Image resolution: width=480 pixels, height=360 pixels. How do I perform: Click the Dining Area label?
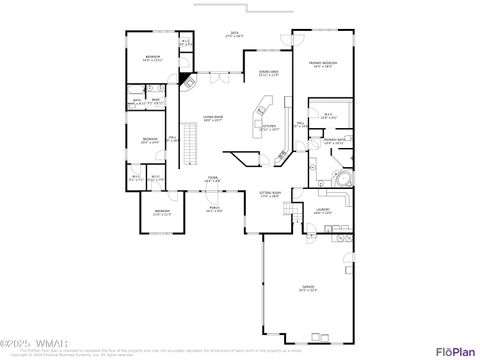[267, 74]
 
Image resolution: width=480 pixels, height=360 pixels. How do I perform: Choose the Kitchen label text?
[269, 128]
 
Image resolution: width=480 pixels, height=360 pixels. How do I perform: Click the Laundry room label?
[322, 212]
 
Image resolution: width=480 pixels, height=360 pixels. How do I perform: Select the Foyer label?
[213, 179]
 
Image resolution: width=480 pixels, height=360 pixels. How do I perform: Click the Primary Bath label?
[334, 141]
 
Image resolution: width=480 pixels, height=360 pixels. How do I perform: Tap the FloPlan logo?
[455, 350]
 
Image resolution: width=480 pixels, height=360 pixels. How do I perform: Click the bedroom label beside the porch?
[162, 212]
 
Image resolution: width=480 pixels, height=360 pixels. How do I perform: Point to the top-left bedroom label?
[153, 58]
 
